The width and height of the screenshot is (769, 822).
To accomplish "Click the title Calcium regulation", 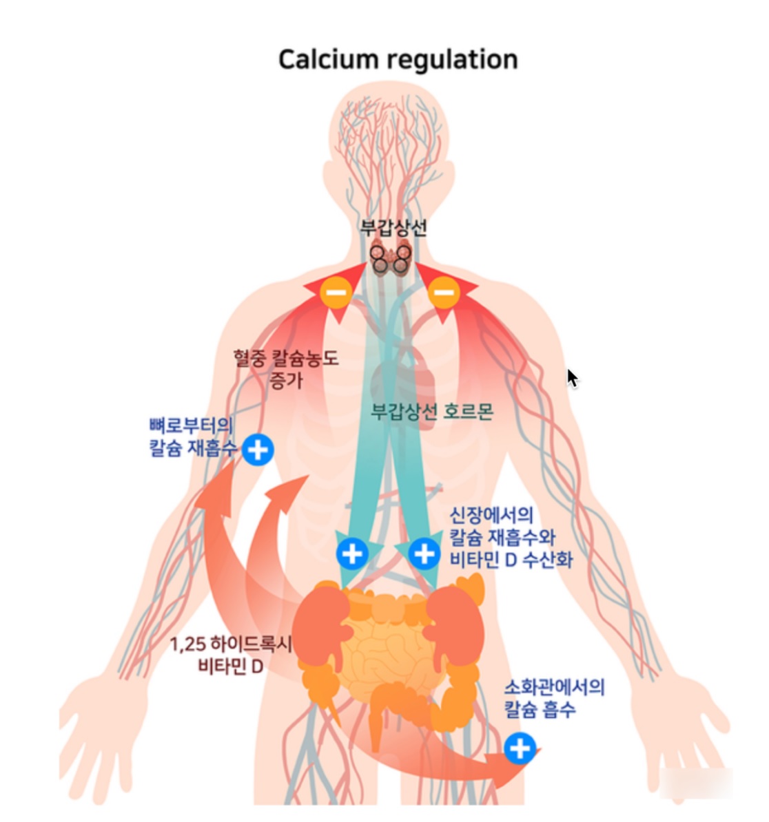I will tap(398, 59).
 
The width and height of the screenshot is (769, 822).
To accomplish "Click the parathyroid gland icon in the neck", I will tap(391, 260).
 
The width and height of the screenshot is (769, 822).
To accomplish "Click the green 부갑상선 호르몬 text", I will tap(432, 412).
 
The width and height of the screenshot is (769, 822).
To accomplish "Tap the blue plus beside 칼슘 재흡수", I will tap(258, 450).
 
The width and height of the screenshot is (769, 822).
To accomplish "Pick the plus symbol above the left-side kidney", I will tap(352, 553).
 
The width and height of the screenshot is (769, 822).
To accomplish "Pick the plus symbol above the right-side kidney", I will tap(424, 553).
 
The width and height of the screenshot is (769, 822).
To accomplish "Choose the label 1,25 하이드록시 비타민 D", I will tap(231, 655).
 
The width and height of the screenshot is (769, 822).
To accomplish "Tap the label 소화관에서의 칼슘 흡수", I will tap(553, 697).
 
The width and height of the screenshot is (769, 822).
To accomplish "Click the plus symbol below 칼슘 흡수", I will tap(520, 748).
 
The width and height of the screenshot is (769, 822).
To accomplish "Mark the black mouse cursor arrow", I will tap(572, 378).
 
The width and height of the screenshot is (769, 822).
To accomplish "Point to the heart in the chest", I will tap(403, 386).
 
